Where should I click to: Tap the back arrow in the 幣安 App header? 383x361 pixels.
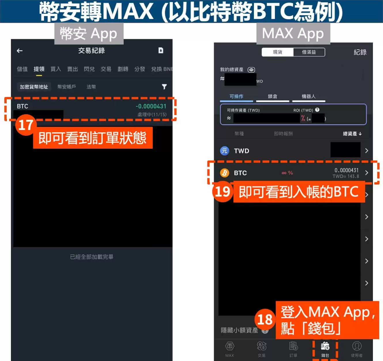coord(20,51)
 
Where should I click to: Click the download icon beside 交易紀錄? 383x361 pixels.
coord(161,50)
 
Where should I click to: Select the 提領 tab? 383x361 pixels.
coord(39,69)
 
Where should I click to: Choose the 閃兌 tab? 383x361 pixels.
coord(89,69)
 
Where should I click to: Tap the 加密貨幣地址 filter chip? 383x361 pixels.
coord(34,87)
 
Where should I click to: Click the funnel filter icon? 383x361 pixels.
coord(164,87)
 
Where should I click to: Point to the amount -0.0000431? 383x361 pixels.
coord(151,106)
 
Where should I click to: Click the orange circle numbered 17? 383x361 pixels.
coord(26,125)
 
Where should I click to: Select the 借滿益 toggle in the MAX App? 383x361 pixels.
coord(309,52)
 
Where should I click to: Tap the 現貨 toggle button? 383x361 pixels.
coord(278,52)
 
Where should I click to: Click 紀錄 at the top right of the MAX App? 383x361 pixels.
coord(360,52)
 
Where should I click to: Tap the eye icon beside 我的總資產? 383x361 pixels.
coord(251,70)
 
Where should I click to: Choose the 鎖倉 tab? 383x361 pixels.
coord(272,97)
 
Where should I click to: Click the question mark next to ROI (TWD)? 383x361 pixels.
coord(317,110)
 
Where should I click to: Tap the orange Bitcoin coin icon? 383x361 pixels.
coord(224,173)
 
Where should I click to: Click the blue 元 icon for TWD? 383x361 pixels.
coord(224,151)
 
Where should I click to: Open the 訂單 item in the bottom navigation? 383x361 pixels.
coord(293,349)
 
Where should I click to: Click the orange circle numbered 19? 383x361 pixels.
coord(222,192)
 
